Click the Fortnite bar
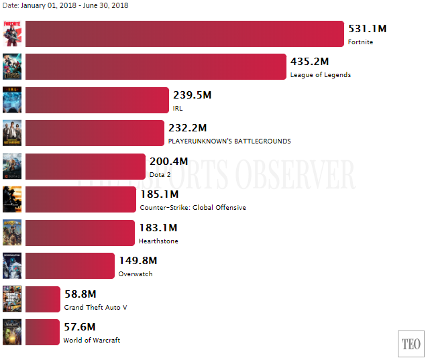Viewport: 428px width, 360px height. (184, 34)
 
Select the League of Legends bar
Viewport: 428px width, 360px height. (156, 66)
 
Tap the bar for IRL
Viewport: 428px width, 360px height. (97, 100)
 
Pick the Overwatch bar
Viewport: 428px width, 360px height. (70, 265)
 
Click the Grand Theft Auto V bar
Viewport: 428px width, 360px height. (43, 299)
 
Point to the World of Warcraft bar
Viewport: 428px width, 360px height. (42, 332)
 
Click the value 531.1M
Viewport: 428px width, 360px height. (367, 29)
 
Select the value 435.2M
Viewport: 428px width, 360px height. (309, 62)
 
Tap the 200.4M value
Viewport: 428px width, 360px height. (168, 161)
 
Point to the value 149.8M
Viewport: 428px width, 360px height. (138, 260)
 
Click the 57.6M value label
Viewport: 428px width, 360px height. (79, 327)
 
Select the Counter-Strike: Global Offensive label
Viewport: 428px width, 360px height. (193, 208)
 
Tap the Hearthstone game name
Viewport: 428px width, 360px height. (158, 241)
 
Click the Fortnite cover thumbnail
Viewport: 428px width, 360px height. (12, 34)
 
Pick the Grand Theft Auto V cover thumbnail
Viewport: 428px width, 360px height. (12, 299)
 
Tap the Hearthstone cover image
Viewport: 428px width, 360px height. (12, 233)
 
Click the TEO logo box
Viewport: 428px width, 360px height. (411, 345)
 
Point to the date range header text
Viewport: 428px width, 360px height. (65, 5)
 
